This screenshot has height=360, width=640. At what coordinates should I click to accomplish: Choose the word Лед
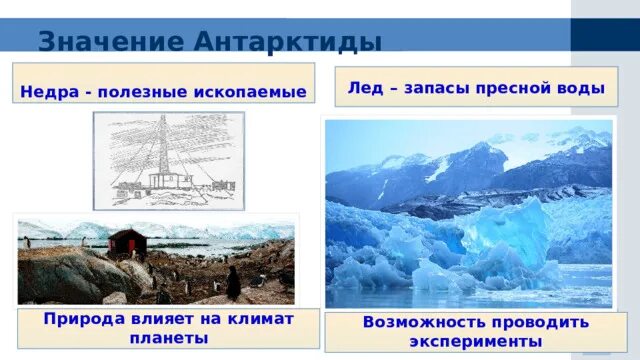coord(364,88)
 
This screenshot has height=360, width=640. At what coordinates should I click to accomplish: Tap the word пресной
coord(516,88)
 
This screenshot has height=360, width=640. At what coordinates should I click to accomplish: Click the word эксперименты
coord(476,341)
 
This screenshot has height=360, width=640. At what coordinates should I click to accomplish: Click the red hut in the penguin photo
coord(125,242)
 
